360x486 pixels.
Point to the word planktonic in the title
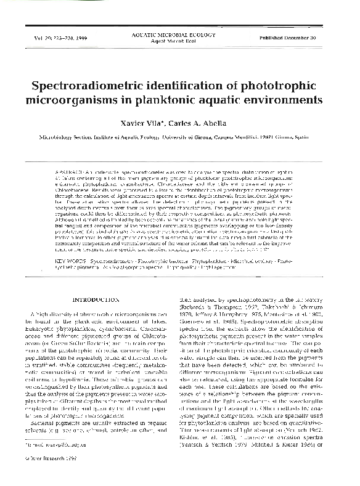[x=199, y=99]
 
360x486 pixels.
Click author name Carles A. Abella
[x=208, y=124]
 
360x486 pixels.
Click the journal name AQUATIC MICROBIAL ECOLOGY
[x=180, y=36]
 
